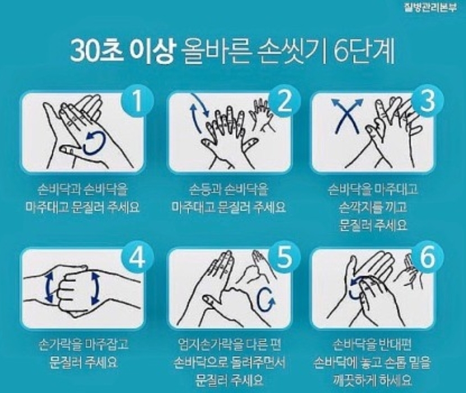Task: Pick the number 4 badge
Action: tap(137, 258)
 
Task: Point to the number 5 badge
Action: tap(284, 258)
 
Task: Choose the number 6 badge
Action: tap(428, 258)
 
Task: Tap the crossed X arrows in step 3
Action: tap(348, 116)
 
